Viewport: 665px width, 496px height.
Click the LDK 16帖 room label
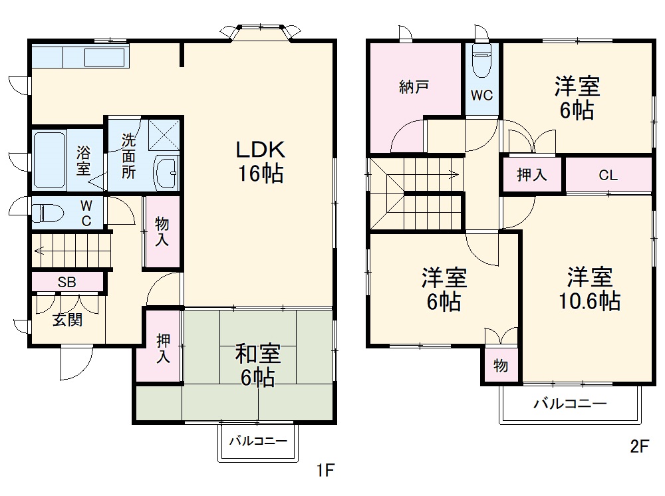pos(260,162)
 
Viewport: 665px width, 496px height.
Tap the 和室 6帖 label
pos(258,365)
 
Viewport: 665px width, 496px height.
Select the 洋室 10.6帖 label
pos(589,289)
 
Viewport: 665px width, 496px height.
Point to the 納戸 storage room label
pos(414,87)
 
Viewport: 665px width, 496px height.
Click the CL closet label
pos(608,175)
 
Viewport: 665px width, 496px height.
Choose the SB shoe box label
pos(66,282)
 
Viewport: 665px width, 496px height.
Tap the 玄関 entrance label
pos(67,319)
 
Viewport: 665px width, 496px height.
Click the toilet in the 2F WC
pos(481,61)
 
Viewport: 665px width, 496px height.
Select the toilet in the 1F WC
pos(48,212)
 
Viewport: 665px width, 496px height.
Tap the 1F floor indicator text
pos(326,469)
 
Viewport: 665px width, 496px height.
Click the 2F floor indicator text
pos(640,446)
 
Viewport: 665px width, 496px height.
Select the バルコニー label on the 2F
pos(570,403)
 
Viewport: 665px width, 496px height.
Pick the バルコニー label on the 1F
pos(258,441)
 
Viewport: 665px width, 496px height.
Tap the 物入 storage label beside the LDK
pos(162,231)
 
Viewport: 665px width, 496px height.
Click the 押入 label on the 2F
pos(532,175)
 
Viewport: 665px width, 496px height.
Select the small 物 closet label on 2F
pos(501,365)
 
